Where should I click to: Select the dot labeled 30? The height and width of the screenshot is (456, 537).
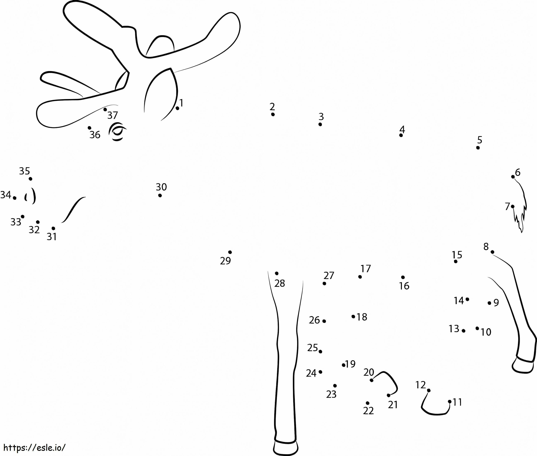(x=160, y=195)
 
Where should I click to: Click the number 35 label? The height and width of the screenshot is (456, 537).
(x=25, y=171)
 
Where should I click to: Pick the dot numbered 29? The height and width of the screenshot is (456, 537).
(x=230, y=252)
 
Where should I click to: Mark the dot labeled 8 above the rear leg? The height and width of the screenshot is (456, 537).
(x=492, y=252)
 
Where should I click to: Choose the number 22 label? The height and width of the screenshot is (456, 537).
(x=368, y=411)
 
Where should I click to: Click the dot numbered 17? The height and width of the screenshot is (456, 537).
(x=360, y=277)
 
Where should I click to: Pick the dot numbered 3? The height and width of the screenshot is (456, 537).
(x=320, y=124)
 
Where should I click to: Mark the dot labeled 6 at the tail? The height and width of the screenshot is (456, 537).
(x=513, y=177)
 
